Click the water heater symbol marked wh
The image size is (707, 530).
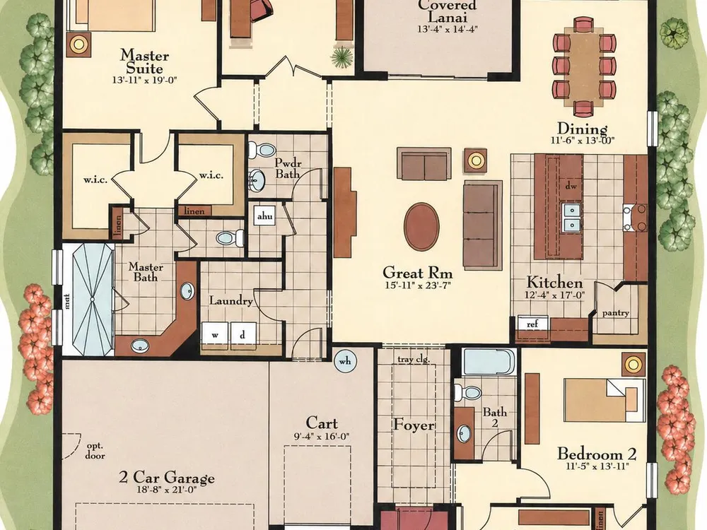click(x=345, y=361)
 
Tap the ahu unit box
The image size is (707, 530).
click(x=264, y=216)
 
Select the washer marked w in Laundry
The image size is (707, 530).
click(x=215, y=335)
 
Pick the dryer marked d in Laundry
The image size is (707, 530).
click(x=243, y=335)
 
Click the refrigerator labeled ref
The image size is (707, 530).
click(x=532, y=324)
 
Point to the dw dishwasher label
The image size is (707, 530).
click(x=571, y=185)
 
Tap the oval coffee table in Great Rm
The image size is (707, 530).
click(x=421, y=226)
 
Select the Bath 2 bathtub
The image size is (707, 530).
click(x=489, y=362)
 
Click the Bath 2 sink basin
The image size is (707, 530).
click(x=463, y=434)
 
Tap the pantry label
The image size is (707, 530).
click(x=616, y=313)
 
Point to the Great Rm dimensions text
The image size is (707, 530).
click(x=418, y=285)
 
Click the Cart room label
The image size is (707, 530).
click(x=322, y=423)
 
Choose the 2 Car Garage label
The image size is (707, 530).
click(x=166, y=477)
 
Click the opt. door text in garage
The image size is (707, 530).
click(x=95, y=451)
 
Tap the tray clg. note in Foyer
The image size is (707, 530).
click(x=414, y=360)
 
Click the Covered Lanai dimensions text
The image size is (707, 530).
click(x=447, y=29)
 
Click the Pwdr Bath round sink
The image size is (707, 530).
click(x=257, y=179)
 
